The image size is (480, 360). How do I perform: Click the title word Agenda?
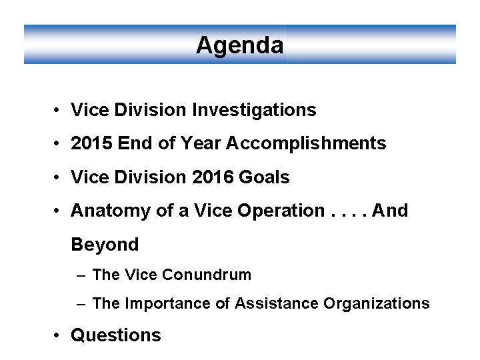point(240,45)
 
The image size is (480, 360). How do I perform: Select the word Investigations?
point(254,109)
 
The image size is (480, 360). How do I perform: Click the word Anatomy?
point(103,211)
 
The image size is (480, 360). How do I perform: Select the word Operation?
point(281,211)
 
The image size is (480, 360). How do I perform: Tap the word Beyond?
point(105,245)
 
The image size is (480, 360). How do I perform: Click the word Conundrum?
point(207,275)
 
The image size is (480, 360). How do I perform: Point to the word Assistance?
point(277,304)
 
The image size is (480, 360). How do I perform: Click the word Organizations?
point(377,304)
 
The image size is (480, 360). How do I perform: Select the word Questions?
point(116,335)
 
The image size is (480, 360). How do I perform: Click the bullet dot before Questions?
point(59,335)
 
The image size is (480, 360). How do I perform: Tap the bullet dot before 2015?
point(59,143)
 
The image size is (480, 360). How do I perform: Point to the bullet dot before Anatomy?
point(59,211)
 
